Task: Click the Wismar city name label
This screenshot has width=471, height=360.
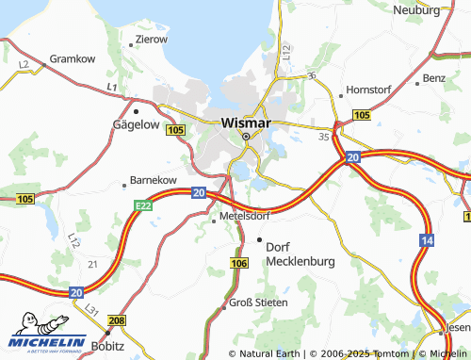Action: (x=246, y=123)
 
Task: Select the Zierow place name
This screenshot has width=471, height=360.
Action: (x=151, y=40)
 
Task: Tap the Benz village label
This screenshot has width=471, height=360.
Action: (x=433, y=77)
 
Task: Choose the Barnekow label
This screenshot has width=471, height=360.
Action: (x=153, y=179)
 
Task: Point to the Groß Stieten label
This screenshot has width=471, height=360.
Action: (x=259, y=302)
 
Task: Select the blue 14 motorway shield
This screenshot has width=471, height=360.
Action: (x=428, y=241)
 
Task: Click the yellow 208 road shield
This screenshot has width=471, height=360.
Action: (x=116, y=322)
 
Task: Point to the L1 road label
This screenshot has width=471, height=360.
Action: (x=111, y=88)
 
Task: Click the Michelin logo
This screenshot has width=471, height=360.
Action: (x=48, y=340)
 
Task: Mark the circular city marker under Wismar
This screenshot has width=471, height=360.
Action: (x=246, y=137)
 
